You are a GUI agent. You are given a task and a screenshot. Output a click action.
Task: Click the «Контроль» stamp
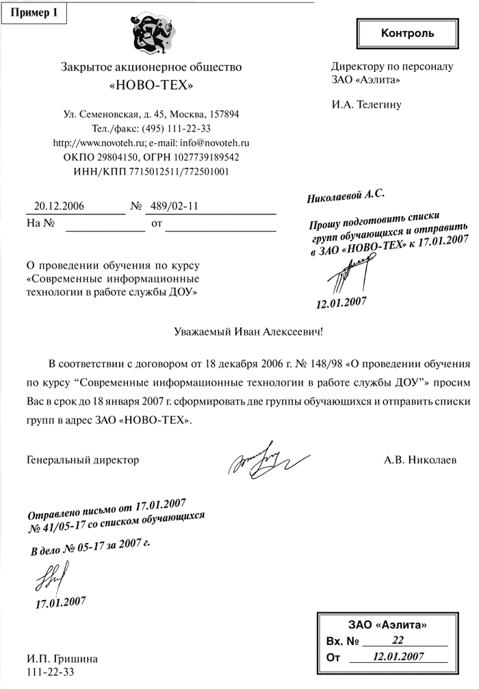(x=406, y=33)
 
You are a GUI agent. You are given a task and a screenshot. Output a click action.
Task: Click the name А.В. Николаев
(x=419, y=460)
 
